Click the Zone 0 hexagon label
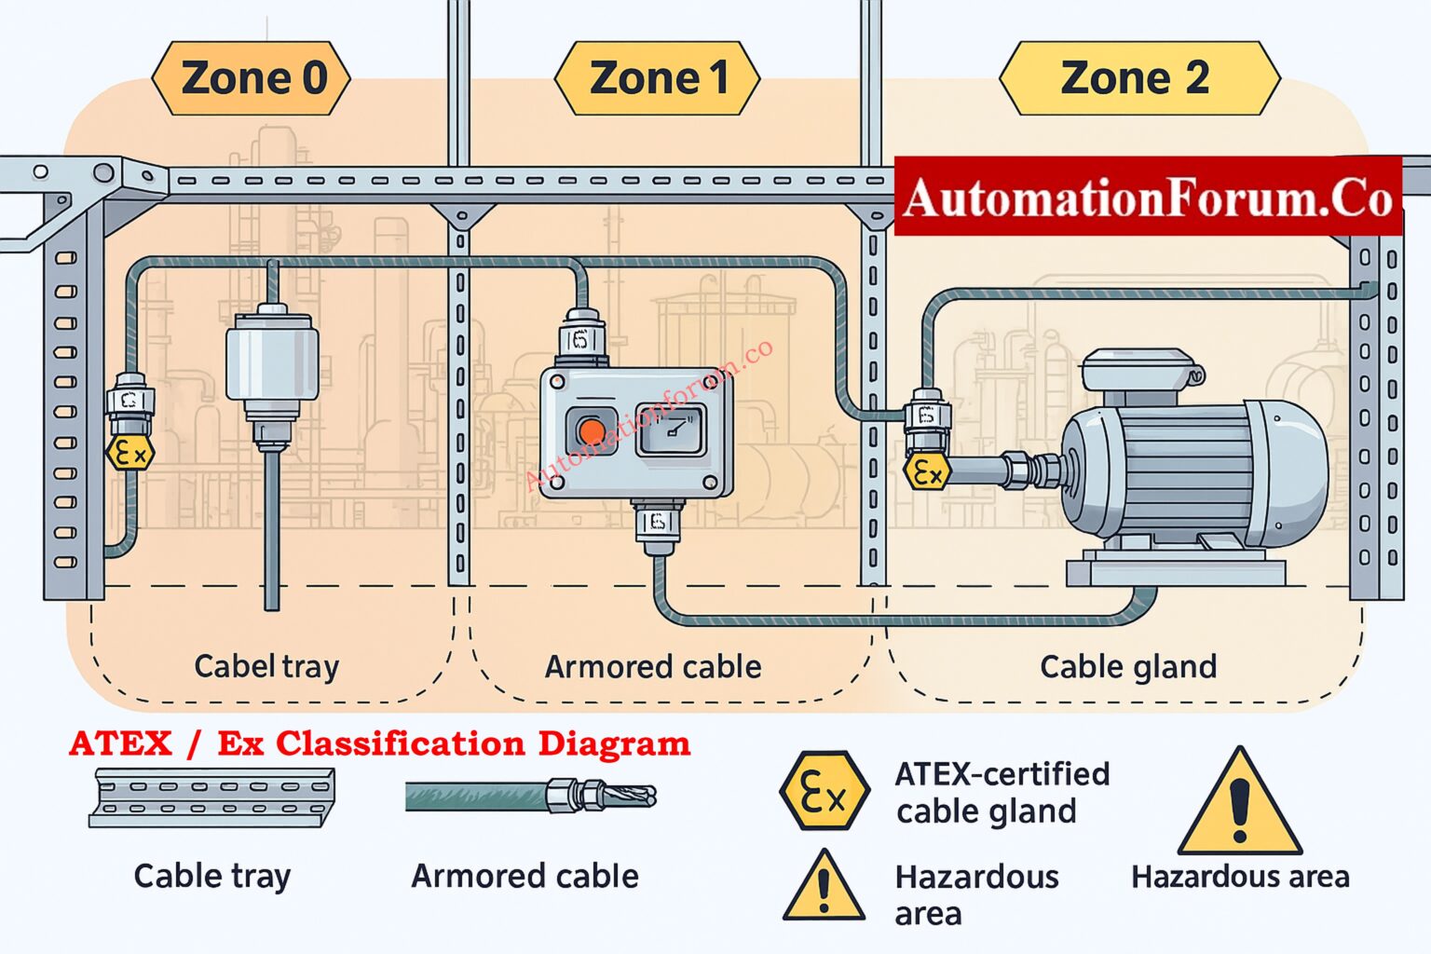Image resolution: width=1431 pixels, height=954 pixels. pos(252,78)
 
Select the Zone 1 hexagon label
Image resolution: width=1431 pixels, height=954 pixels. pos(657,78)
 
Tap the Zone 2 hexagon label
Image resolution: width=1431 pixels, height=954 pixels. pos(1138,78)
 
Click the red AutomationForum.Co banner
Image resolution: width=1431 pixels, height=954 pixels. pos(1148,197)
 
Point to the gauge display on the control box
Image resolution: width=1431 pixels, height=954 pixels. pos(671,430)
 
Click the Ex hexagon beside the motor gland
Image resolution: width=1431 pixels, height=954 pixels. pos(927,472)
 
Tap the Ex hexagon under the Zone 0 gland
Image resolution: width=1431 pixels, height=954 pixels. pos(129,454)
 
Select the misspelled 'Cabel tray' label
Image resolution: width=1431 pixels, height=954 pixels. pos(266,666)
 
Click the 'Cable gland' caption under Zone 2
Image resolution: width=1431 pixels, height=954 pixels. pos(1127,667)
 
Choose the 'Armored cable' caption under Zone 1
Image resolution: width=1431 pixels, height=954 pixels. pos(653,667)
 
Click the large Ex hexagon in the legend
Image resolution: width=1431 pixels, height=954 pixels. pos(825,792)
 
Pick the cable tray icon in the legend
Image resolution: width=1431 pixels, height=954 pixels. pos(212,797)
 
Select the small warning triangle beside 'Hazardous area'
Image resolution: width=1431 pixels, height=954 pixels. pos(824,887)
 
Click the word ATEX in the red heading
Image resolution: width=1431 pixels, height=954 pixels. pos(121,743)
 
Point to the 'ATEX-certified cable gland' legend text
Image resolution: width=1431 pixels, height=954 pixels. pos(1002,792)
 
